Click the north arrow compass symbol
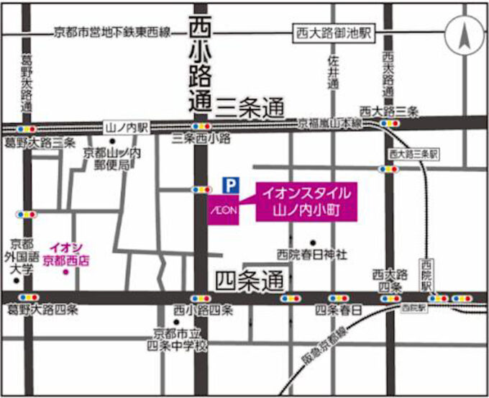click(464, 35)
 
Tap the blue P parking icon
click(229, 185)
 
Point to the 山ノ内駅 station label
click(127, 127)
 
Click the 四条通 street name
click(250, 279)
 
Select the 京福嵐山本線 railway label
click(330, 125)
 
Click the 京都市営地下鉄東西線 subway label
click(111, 32)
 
